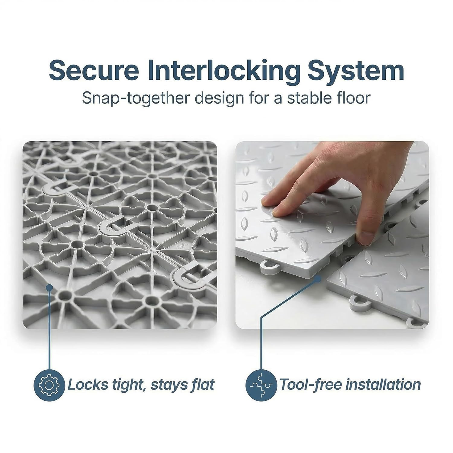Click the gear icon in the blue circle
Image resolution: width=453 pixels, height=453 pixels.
(49, 385)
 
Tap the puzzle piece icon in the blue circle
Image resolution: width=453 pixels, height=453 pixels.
(261, 385)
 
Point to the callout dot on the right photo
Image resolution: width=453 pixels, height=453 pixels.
(318, 279)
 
